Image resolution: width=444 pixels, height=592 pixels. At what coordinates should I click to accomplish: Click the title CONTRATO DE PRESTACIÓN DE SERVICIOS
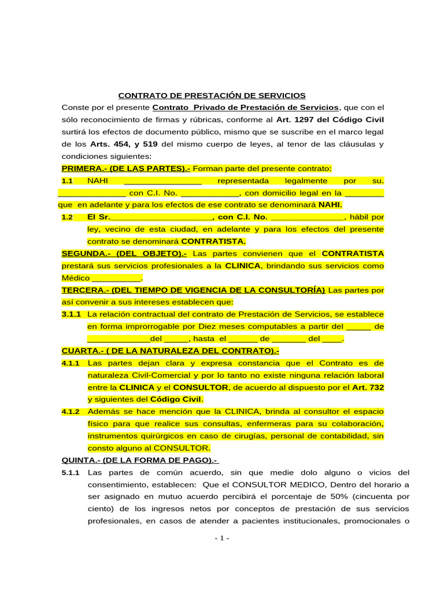pos(212,95)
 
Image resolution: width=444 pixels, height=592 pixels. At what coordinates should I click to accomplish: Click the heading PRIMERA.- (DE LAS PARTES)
pos(126,168)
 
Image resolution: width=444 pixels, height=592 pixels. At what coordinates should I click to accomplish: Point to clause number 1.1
pos(67,181)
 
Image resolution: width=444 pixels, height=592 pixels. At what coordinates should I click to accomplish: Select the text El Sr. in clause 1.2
pos(97,217)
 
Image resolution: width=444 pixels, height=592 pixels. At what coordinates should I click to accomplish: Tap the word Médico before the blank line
pos(75,278)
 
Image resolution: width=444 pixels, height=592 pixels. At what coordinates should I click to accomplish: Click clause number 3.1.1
pos(71,314)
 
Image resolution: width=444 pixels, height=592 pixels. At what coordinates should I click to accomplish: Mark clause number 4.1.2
pos(71,412)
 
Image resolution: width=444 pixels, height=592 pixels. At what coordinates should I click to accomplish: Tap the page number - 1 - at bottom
pos(221,538)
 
